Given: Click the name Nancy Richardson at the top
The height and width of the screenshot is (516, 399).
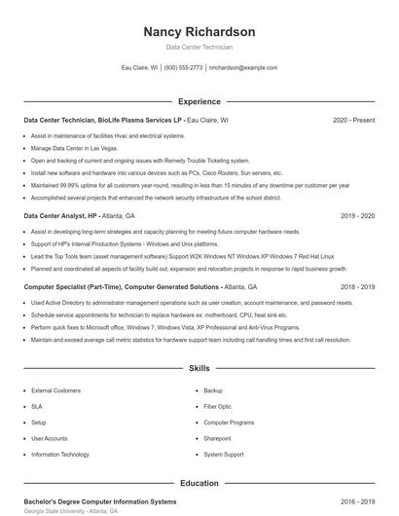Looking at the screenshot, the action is click(x=199, y=31).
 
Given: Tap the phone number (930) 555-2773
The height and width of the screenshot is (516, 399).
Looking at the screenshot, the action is click(x=184, y=68).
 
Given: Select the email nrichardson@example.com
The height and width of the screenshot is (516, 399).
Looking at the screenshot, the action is click(x=243, y=68).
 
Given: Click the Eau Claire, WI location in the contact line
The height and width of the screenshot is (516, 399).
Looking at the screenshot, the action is click(x=139, y=68).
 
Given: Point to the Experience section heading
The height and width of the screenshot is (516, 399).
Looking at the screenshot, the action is click(x=199, y=101).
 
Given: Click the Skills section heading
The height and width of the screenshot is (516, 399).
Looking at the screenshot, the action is click(x=199, y=369).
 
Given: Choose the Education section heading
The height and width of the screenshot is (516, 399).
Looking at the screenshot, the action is click(x=199, y=483).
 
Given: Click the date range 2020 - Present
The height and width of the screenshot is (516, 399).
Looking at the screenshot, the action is click(x=353, y=121).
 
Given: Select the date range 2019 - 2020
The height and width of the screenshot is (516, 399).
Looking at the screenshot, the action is click(x=357, y=215).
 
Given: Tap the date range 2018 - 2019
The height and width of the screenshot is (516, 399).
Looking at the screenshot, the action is click(x=357, y=287).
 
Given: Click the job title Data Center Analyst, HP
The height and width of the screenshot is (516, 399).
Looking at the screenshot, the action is click(x=60, y=215).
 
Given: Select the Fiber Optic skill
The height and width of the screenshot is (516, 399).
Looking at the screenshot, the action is click(x=217, y=406).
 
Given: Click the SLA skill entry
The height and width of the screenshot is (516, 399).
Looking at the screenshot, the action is click(x=37, y=406).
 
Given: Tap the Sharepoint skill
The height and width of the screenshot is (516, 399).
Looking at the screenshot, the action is click(x=218, y=438).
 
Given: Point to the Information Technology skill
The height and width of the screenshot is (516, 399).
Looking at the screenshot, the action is click(x=59, y=455).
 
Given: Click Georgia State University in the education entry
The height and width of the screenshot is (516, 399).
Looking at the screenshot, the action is click(x=53, y=511).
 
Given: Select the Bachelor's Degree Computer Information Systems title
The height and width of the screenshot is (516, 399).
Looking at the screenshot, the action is click(x=87, y=500).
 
